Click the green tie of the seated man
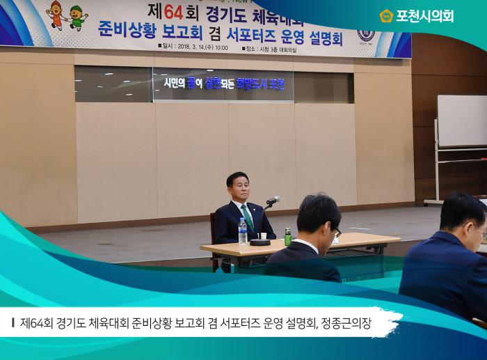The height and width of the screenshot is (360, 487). tap(248, 217)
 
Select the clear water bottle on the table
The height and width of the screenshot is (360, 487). tap(243, 232)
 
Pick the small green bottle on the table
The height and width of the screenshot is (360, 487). tap(287, 237)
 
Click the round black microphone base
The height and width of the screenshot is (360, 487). tap(260, 242)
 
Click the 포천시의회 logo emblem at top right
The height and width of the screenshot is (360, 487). tap(386, 15)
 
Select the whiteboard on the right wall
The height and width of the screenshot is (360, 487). tap(462, 120)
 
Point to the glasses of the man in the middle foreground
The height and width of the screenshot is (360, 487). tap(337, 231)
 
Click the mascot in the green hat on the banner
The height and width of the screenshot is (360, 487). tap(77, 17)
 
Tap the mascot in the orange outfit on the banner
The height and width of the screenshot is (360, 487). tap(56, 14)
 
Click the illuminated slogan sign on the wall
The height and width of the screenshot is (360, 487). tap(223, 84)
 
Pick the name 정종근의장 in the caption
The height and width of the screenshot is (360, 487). tap(347, 323)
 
